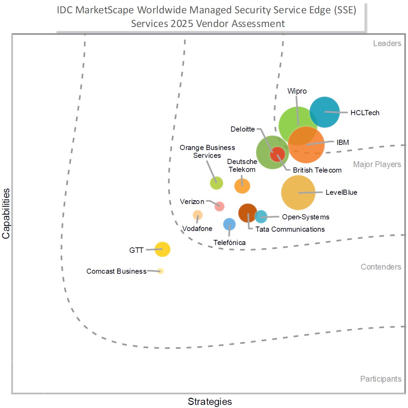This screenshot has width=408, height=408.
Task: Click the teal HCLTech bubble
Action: click(x=325, y=112)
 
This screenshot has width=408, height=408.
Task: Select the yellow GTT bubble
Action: click(x=162, y=249)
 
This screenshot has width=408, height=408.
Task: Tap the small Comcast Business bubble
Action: click(x=160, y=271)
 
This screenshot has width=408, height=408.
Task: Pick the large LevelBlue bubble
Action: click(x=298, y=193)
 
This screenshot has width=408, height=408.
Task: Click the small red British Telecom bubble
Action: click(x=277, y=154)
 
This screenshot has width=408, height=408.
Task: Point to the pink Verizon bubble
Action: click(x=220, y=206)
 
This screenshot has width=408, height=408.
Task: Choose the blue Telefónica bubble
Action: click(x=229, y=225)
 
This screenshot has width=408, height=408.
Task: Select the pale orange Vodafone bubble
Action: click(x=198, y=215)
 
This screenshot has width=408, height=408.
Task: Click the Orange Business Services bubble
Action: click(x=216, y=183)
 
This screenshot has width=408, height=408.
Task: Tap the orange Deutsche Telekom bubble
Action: click(x=242, y=186)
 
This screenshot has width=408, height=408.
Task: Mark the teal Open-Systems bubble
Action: click(x=261, y=217)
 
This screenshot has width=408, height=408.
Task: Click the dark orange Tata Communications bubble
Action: click(x=247, y=213)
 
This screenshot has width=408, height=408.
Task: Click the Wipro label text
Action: click(x=297, y=91)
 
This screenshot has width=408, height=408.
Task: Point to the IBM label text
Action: click(x=342, y=142)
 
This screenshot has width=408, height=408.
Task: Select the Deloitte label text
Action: click(x=242, y=129)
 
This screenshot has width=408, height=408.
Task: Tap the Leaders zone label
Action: click(x=387, y=43)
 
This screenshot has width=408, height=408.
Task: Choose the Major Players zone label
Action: click(x=377, y=164)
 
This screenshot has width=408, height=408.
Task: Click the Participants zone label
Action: click(x=381, y=379)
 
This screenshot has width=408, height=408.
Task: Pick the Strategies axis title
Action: click(x=210, y=402)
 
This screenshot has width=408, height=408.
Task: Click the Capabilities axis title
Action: click(x=6, y=214)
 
